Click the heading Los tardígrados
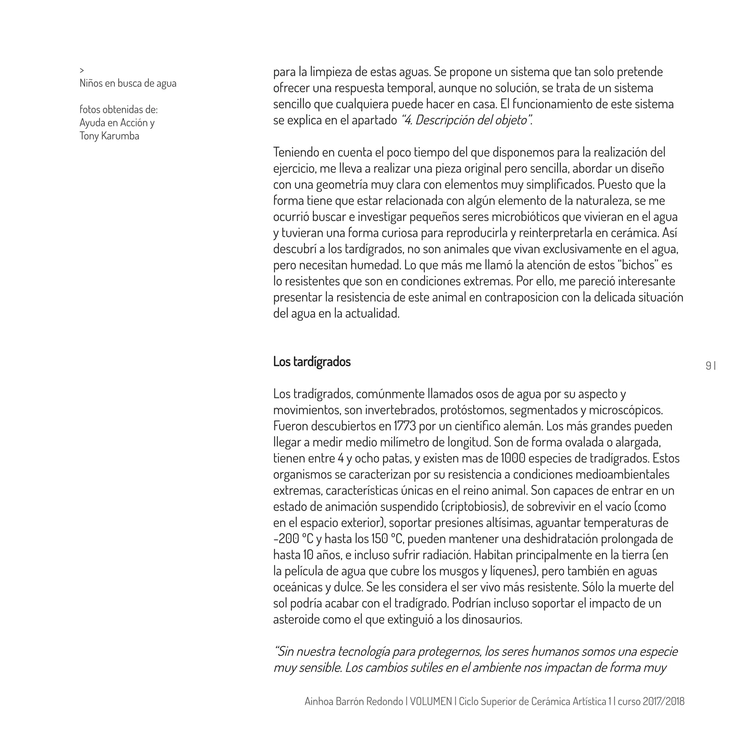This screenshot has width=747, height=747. coord(311,361)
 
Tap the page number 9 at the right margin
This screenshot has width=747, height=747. coord(708,366)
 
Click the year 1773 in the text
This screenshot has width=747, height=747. coord(405,426)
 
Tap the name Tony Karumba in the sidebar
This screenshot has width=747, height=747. coord(109,136)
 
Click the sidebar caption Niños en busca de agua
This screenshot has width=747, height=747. coord(128,83)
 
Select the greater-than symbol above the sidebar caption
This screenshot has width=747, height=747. coord(82,70)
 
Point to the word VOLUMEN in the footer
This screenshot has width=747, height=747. coord(431,712)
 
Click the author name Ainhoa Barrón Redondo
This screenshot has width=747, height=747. coord(353,712)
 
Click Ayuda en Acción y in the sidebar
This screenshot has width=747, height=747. coord(117,123)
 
